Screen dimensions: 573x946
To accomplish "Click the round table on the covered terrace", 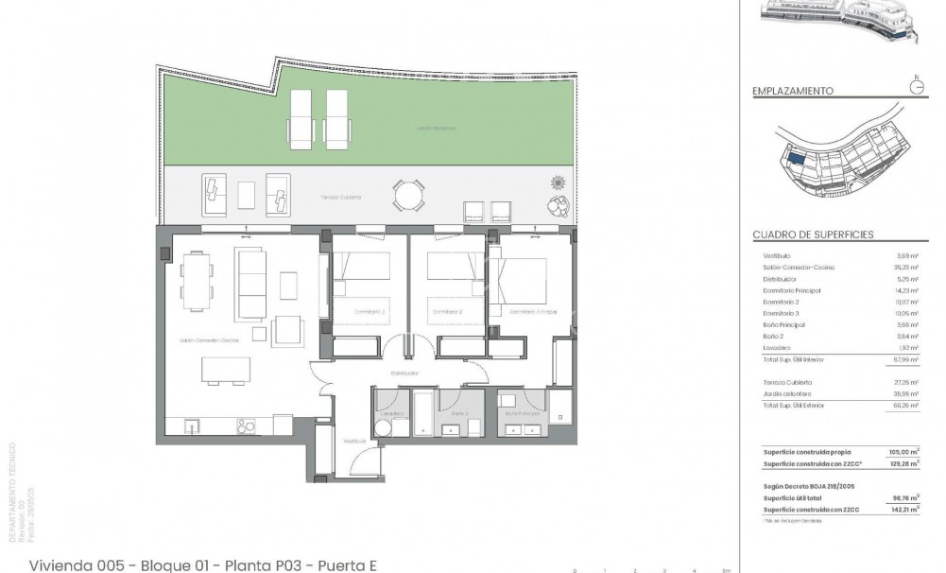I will pos(408,196).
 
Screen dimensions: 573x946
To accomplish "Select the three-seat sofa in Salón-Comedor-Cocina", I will pos(251,283).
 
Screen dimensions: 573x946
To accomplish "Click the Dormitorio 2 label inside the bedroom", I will pos(446,311).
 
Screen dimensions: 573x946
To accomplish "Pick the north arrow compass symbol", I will pos(915,86).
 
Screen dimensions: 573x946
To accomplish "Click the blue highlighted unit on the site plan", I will pos(798,163).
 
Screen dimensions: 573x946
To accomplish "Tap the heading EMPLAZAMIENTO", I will pos(792,92).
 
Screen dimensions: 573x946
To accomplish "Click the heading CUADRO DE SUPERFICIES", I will pos(813,234).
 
